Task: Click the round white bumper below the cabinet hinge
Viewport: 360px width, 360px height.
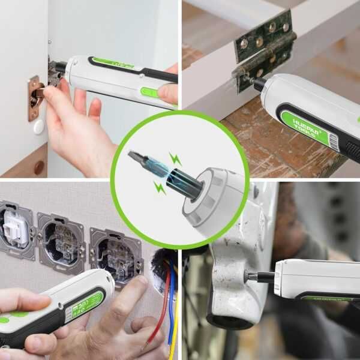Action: coord(38,127)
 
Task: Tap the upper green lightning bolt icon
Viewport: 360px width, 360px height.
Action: coord(175,160)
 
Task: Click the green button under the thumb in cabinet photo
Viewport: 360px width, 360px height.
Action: coord(148,92)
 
